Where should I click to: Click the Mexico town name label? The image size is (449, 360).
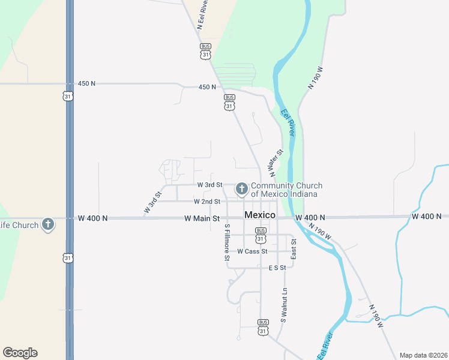[x=260, y=215]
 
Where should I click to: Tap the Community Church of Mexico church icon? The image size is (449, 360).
[x=242, y=190]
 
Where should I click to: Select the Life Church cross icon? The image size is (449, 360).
[x=48, y=225]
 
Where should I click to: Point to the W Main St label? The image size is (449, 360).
[x=202, y=219]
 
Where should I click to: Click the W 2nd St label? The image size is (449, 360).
[x=206, y=202]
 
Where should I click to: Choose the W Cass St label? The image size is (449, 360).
[x=252, y=251]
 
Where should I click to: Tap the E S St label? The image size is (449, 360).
[x=278, y=268]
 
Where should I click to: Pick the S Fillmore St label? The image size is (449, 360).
[x=227, y=242]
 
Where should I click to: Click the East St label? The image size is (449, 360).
[x=294, y=248]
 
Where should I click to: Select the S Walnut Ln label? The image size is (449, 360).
[x=285, y=305]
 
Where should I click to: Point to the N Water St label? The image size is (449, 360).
[x=276, y=162]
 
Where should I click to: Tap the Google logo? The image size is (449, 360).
[x=20, y=353]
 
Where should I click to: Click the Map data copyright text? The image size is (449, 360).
[x=423, y=355]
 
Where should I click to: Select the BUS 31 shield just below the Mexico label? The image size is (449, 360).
[x=261, y=235]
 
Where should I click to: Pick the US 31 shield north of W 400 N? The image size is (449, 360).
[x=68, y=96]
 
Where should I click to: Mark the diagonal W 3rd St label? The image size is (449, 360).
[x=153, y=203]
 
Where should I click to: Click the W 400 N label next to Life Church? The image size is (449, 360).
[x=92, y=218]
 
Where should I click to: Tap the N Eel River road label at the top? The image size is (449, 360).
[x=205, y=13]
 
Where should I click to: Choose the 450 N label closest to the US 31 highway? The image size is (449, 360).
[x=86, y=83]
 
